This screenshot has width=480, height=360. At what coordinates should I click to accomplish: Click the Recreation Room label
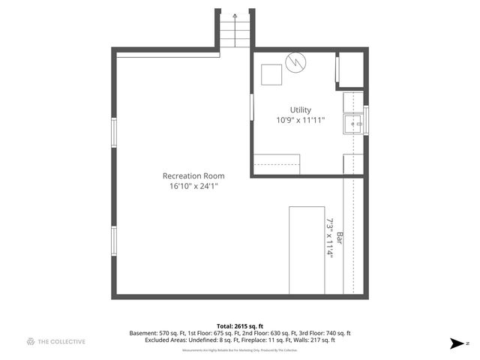tap(193, 175)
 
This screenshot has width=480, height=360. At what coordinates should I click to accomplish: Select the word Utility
tap(300, 110)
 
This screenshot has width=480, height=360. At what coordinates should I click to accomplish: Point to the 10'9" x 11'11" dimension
tap(300, 120)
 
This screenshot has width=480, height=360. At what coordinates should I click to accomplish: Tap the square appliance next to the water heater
tap(271, 74)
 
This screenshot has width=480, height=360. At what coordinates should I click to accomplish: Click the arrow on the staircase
tap(235, 15)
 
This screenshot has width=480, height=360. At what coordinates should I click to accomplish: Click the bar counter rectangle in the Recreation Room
tap(306, 249)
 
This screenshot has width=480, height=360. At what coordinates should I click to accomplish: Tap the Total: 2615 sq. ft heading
tap(239, 326)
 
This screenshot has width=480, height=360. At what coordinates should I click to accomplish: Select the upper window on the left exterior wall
tap(114, 132)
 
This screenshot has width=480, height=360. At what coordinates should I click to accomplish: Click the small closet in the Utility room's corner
tap(349, 70)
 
